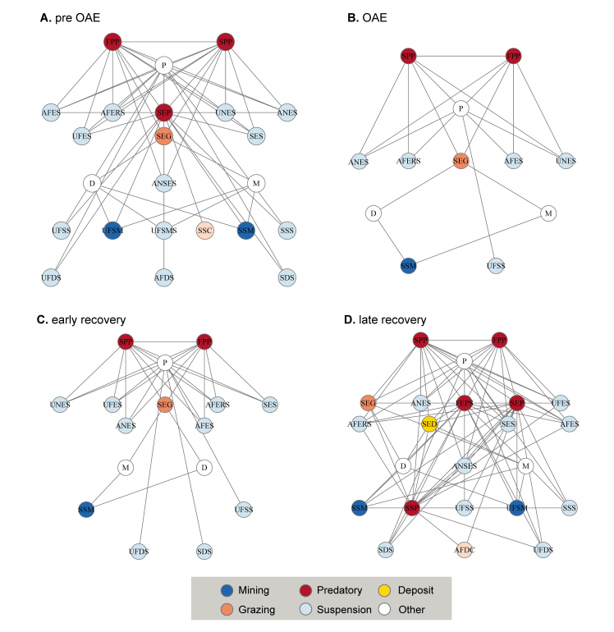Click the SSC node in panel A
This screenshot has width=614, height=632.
click(205, 231)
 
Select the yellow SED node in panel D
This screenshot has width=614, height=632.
click(428, 424)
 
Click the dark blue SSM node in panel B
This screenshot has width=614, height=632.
click(406, 265)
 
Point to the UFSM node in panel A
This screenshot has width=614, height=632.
click(112, 231)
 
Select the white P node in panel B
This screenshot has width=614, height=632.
click(461, 108)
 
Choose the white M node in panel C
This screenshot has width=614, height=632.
click(126, 468)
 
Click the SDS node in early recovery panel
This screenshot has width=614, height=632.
click(204, 550)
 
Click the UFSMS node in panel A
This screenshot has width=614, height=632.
click(164, 231)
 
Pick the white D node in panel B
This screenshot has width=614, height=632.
click(373, 213)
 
